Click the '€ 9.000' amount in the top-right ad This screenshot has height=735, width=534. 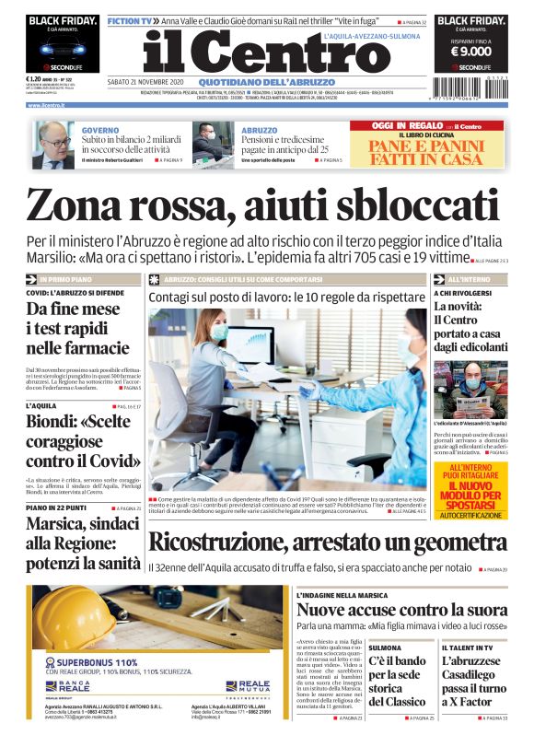point(470,52)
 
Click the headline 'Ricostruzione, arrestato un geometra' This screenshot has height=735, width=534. point(328,544)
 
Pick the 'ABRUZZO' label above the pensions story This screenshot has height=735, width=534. point(260,130)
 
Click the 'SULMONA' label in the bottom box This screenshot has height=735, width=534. point(385,648)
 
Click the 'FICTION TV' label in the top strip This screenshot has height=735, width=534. point(128,19)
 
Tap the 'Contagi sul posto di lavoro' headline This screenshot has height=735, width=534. point(286,297)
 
